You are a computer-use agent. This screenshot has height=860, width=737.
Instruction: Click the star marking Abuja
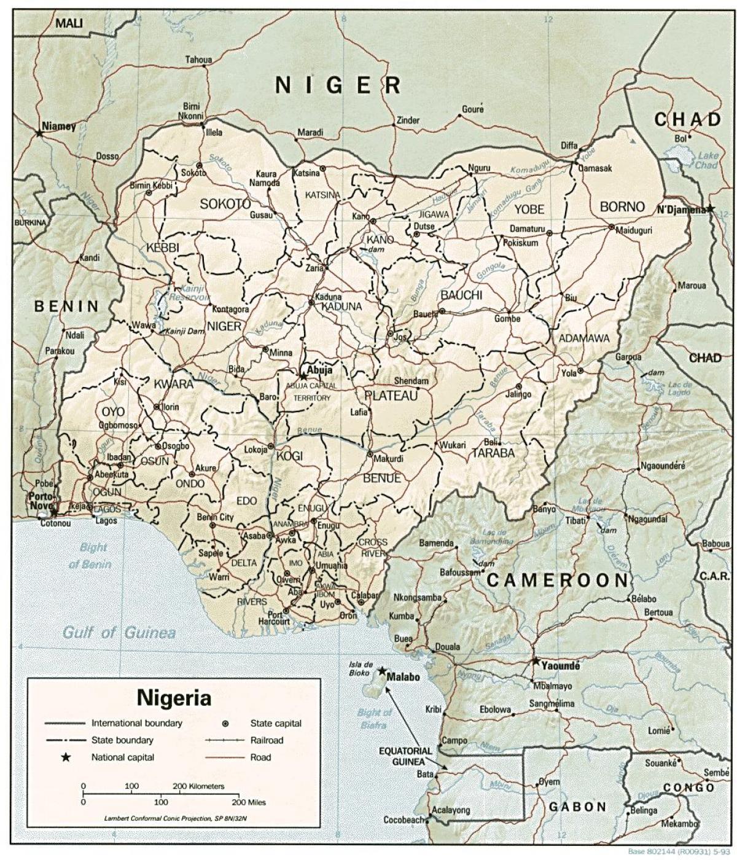pyautogui.click(x=303, y=375)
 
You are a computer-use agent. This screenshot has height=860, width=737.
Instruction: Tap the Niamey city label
pyautogui.click(x=59, y=127)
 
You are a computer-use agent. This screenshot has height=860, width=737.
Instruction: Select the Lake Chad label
pyautogui.click(x=706, y=161)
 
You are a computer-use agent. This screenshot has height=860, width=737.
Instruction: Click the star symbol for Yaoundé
pyautogui.click(x=536, y=662)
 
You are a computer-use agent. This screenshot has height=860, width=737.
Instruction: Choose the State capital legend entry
pyautogui.click(x=276, y=724)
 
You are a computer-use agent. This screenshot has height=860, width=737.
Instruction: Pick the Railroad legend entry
pyautogui.click(x=267, y=740)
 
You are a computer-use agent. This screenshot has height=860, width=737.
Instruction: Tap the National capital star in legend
pyautogui.click(x=66, y=757)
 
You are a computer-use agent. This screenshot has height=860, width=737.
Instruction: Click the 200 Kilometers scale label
pyautogui.click(x=198, y=786)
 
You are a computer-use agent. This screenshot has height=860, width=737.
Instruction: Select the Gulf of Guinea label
pyautogui.click(x=120, y=632)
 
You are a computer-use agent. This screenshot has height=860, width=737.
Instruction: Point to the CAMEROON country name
pyautogui.click(x=558, y=580)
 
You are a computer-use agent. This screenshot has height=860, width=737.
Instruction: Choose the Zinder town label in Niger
pyautogui.click(x=408, y=120)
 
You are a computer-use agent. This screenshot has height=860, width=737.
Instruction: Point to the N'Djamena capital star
pyautogui.click(x=710, y=209)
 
